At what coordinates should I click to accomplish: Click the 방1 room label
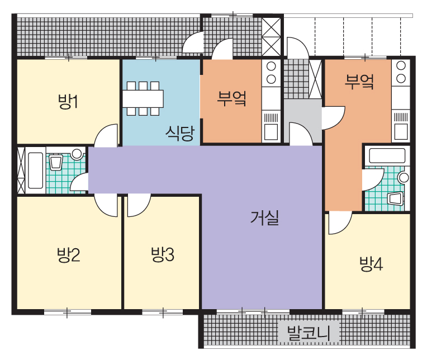click(x=68, y=101)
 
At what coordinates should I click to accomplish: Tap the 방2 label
click(x=69, y=254)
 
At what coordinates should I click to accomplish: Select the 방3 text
click(x=163, y=254)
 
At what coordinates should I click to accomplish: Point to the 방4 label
click(x=371, y=264)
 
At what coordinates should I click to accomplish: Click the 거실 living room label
click(x=265, y=217)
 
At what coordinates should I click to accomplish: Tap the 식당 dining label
click(x=180, y=133)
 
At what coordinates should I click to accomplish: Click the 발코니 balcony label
click(x=309, y=333)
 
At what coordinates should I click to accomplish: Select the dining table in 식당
click(x=143, y=98)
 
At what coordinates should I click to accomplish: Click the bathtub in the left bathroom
click(x=36, y=170)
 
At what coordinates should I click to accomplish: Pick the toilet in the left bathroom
click(x=56, y=162)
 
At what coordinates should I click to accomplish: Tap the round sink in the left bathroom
click(x=77, y=154)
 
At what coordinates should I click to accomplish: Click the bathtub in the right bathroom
click(x=387, y=156)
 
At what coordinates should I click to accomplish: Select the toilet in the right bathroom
click(x=395, y=198)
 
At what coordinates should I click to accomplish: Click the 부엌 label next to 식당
click(x=232, y=98)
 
